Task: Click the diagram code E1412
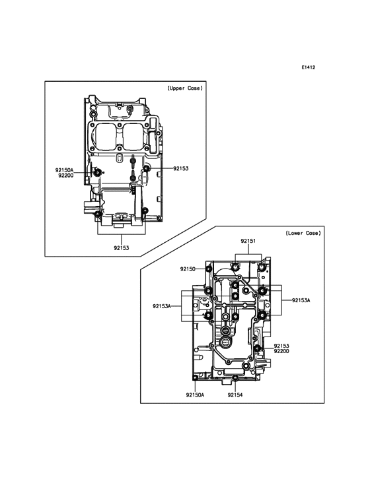[308, 67]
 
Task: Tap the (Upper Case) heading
[185, 88]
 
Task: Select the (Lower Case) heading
[303, 233]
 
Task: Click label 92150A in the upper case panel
[65, 170]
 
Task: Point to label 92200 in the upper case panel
[65, 176]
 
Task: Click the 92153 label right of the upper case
[180, 168]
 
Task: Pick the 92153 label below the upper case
[121, 247]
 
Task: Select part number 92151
[248, 241]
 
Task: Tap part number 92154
[235, 395]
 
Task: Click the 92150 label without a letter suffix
[188, 269]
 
